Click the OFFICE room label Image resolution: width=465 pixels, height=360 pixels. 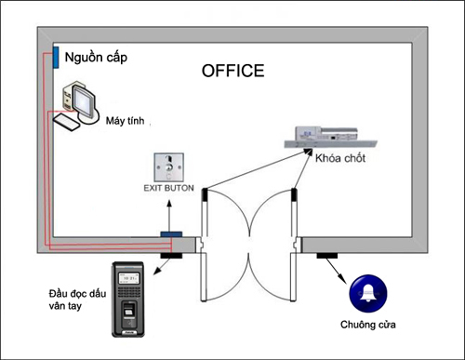[x=233, y=71]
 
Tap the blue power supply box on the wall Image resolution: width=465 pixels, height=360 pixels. [x=56, y=58]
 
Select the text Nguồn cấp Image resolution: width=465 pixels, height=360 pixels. [x=96, y=58]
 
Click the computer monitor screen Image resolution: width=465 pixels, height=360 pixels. [x=84, y=101]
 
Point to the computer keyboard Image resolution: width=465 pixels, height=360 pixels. [x=66, y=122]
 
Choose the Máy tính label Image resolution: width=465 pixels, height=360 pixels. [x=125, y=120]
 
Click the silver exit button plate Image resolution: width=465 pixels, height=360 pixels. [x=169, y=167]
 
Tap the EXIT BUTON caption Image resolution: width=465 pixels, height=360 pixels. [x=168, y=188]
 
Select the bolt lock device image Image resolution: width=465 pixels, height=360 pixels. [x=330, y=137]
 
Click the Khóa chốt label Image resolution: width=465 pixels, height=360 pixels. [x=340, y=158]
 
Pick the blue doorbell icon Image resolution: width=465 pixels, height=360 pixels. [x=368, y=293]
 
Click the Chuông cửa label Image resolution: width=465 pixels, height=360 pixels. [x=368, y=325]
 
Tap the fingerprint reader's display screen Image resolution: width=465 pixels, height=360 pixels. [x=128, y=278]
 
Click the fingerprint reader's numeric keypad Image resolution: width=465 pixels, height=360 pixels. [x=128, y=291]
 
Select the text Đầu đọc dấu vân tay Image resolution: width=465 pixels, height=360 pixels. [x=77, y=300]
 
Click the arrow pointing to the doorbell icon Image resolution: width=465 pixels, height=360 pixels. [x=336, y=271]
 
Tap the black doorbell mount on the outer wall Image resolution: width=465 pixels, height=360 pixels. [x=326, y=256]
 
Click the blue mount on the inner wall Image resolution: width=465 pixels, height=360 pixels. [x=171, y=234]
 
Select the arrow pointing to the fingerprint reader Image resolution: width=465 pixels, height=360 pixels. [x=162, y=266]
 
